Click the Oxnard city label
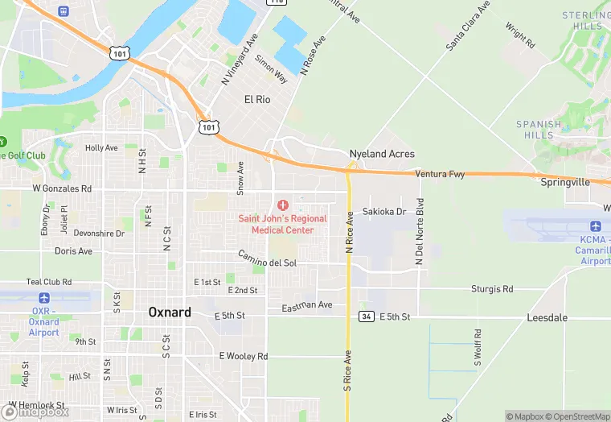pyautogui.click(x=170, y=312)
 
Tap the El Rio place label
pyautogui.click(x=257, y=99)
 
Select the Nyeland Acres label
pyautogui.click(x=381, y=154)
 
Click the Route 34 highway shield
pyautogui.click(x=366, y=316)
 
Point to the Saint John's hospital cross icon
pyautogui.click(x=282, y=205)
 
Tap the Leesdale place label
pyautogui.click(x=547, y=318)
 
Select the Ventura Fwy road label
pyautogui.click(x=441, y=174)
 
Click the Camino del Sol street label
pyautogui.click(x=267, y=259)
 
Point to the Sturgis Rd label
pyautogui.click(x=492, y=289)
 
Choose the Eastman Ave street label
pyautogui.click(x=306, y=306)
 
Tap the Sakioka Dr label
pyautogui.click(x=384, y=212)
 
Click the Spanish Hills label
pyautogui.click(x=539, y=130)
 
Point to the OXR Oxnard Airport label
pyautogui.click(x=44, y=322)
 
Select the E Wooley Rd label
pyautogui.click(x=243, y=356)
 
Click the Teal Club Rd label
pyautogui.click(x=49, y=283)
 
